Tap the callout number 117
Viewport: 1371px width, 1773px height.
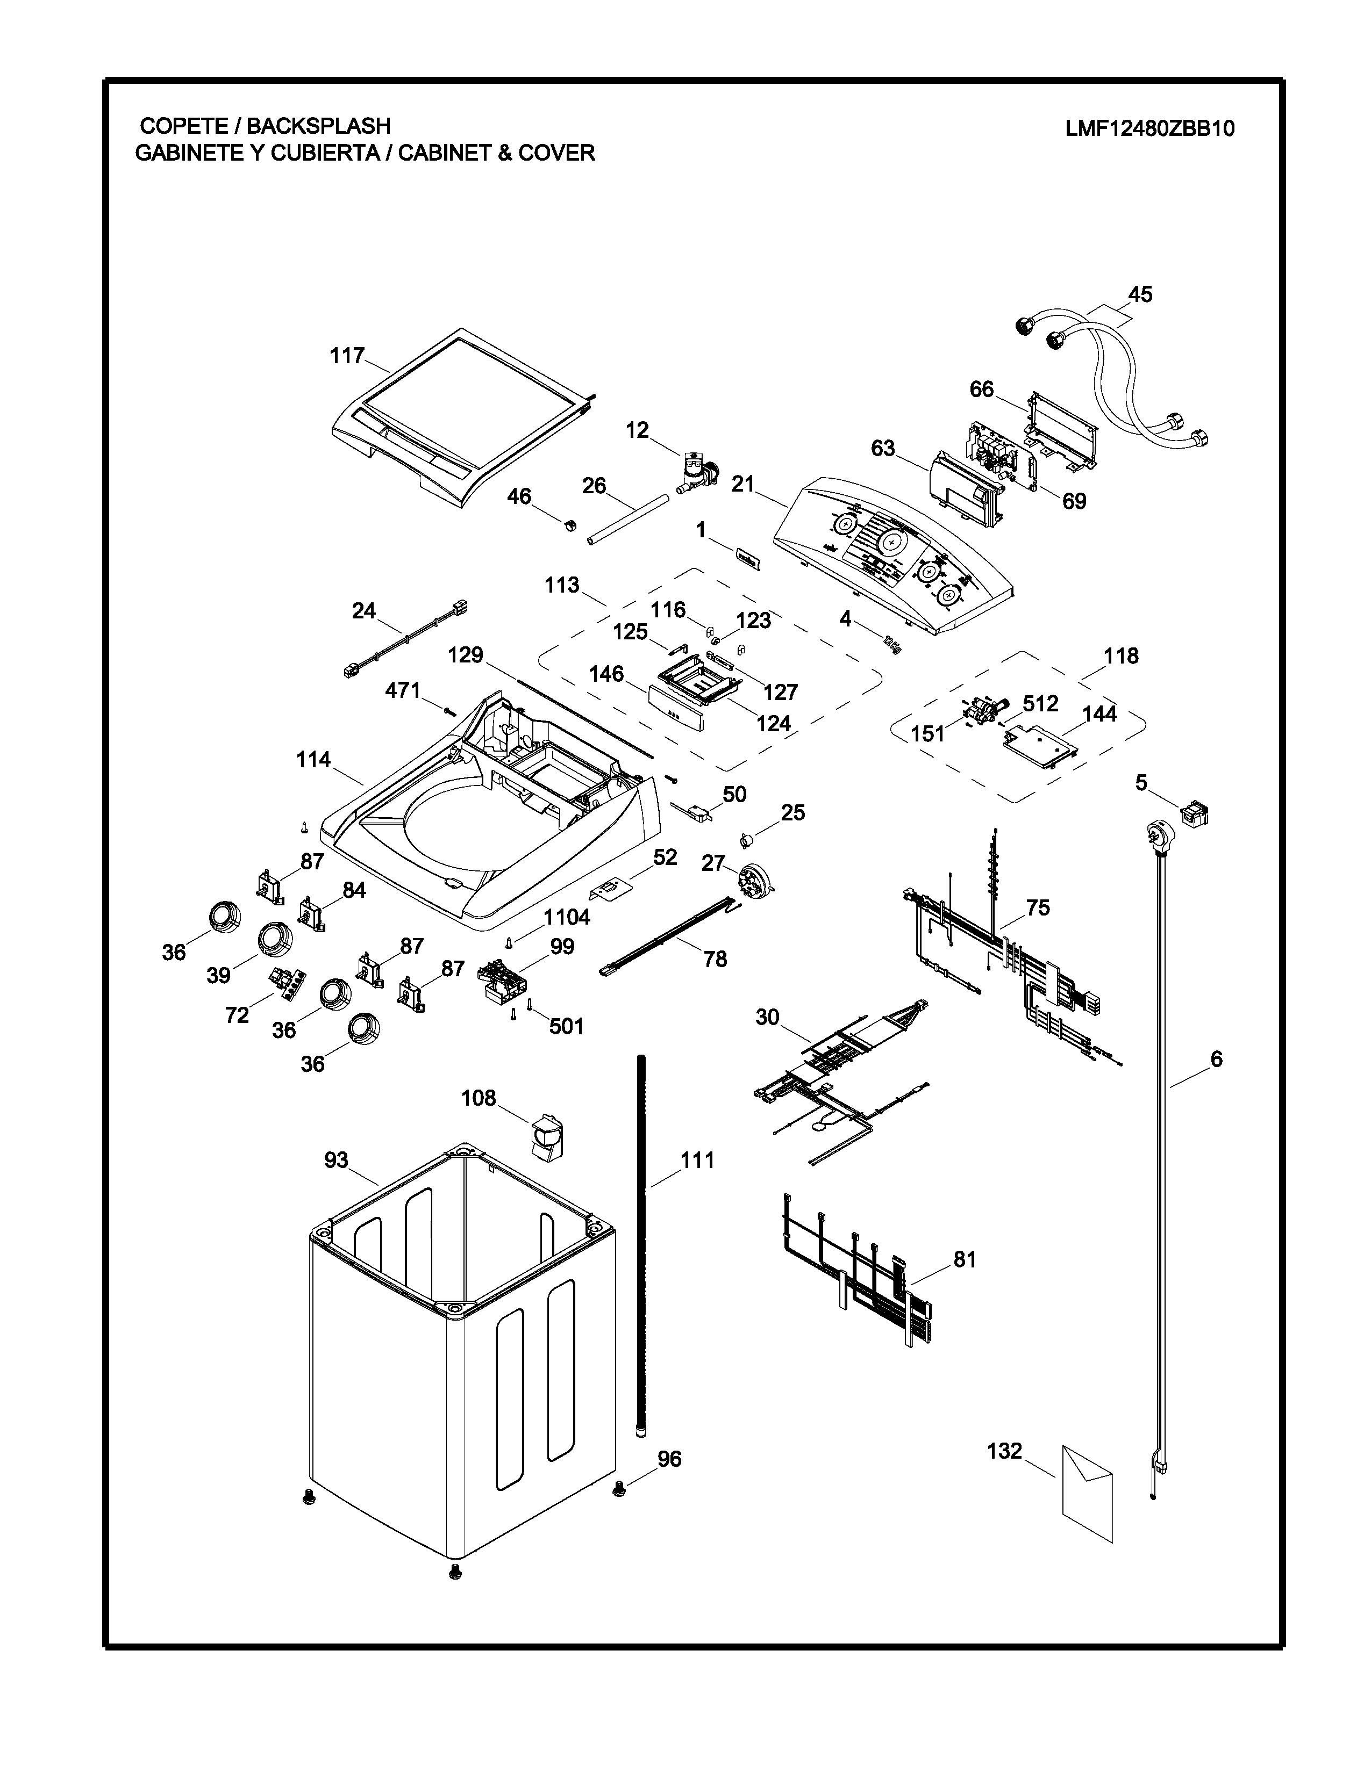click(x=347, y=356)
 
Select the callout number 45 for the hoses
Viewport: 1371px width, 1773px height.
click(x=1140, y=294)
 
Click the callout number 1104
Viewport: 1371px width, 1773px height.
click(x=566, y=917)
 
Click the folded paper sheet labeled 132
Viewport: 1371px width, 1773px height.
click(x=1087, y=1492)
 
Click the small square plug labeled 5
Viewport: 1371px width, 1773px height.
click(x=1194, y=812)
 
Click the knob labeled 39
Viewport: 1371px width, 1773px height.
click(x=275, y=939)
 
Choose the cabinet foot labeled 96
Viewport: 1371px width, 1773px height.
click(x=620, y=1487)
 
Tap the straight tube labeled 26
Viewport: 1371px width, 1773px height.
click(x=628, y=522)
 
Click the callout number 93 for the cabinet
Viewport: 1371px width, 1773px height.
click(x=336, y=1160)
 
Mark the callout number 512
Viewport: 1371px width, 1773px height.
click(x=1040, y=703)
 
